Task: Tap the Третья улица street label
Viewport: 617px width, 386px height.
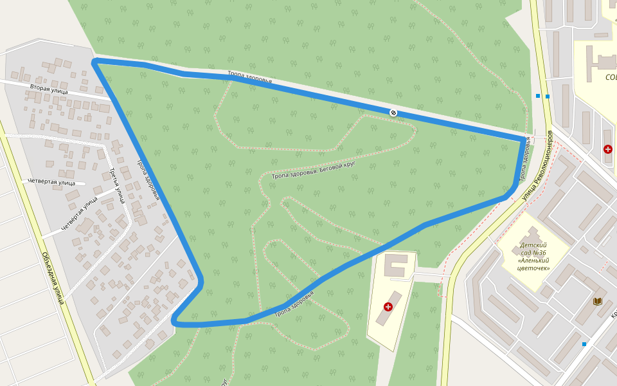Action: click(116, 185)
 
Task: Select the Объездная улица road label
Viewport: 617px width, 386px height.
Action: click(53, 277)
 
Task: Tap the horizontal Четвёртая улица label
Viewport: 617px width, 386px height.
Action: click(51, 182)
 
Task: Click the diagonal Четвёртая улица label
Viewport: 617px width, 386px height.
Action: click(79, 214)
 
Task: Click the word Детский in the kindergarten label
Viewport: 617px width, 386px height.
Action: click(533, 245)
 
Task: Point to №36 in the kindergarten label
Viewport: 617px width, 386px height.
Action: click(533, 253)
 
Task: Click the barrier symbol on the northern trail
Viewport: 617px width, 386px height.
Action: click(393, 113)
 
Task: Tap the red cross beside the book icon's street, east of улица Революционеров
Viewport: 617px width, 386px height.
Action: click(608, 149)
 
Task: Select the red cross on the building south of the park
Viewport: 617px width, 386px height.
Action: click(388, 307)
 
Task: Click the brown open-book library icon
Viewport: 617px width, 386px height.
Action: click(598, 301)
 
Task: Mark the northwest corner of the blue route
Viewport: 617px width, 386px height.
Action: click(95, 62)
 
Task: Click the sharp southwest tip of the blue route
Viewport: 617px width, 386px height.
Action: click(174, 320)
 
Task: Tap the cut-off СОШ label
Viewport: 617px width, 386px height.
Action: click(611, 77)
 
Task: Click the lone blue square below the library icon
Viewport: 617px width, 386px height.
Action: click(584, 344)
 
